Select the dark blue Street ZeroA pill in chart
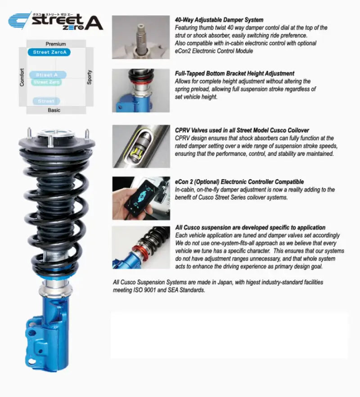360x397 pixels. coord(49,52)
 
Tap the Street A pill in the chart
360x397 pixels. coord(48,75)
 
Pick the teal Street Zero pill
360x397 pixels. coord(47,82)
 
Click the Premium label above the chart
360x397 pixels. coord(55,44)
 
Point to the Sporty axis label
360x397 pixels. coord(90,77)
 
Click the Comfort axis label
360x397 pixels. coord(22,77)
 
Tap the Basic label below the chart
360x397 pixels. coord(54,110)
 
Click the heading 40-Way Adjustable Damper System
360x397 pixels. coord(219,20)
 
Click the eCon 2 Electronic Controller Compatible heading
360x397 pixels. coord(239,182)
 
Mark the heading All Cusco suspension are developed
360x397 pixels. coord(250,228)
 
